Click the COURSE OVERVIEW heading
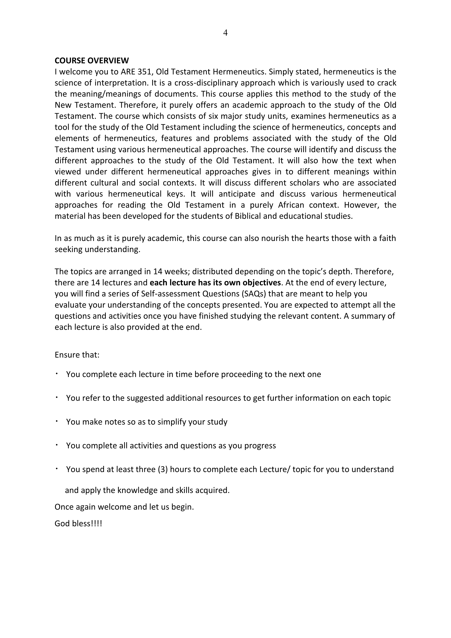(x=92, y=61)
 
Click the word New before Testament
(x=62, y=105)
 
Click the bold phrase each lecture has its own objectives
(x=215, y=283)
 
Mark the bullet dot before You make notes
(x=56, y=421)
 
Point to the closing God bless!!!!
(x=78, y=524)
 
